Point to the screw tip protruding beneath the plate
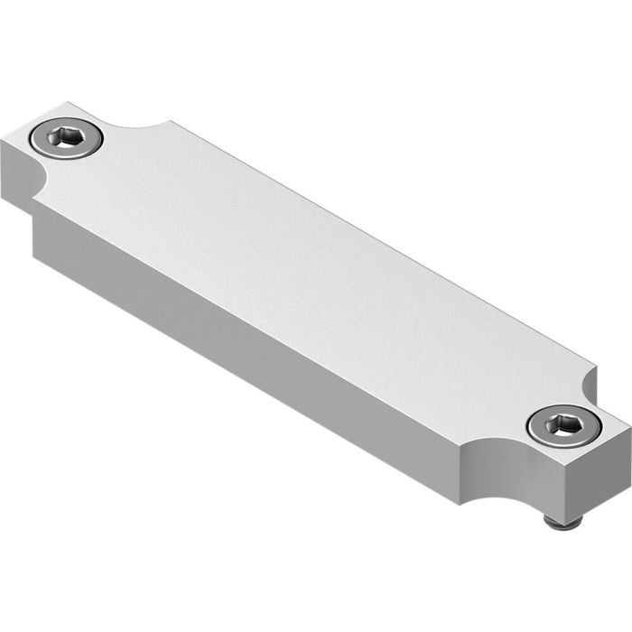(x=561, y=522)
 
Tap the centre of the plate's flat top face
(x=307, y=271)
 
